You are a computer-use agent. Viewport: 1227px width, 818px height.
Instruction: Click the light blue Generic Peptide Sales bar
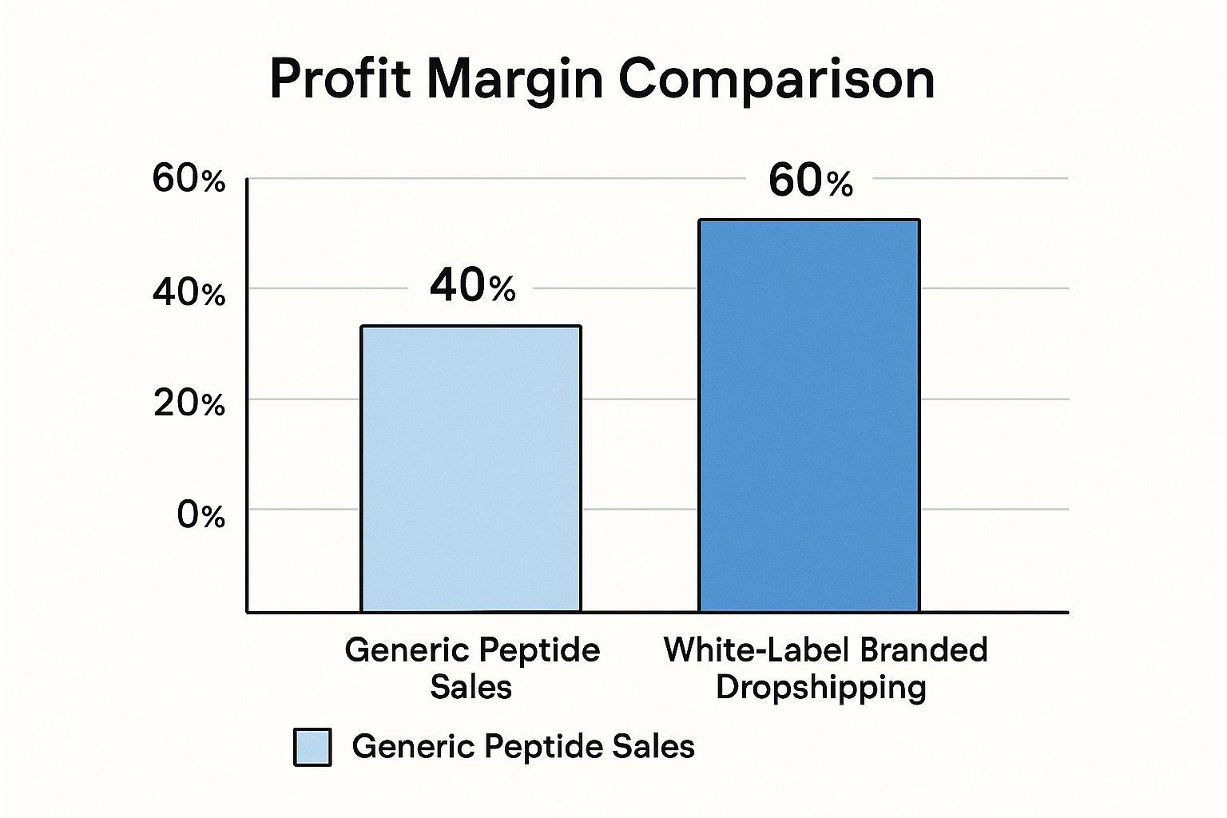tap(471, 469)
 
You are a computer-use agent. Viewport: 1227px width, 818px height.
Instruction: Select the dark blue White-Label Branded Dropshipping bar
tap(809, 415)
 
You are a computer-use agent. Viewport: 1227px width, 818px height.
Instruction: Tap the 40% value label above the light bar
tap(472, 285)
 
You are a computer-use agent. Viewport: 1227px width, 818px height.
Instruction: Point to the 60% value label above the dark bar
tap(810, 181)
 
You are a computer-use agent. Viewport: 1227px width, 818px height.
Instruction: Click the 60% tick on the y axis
tap(189, 179)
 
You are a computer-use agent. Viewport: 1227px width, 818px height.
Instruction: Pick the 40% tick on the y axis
tap(189, 293)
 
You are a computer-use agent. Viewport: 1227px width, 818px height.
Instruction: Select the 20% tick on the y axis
tap(189, 403)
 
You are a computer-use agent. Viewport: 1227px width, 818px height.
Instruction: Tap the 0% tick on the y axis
tap(201, 514)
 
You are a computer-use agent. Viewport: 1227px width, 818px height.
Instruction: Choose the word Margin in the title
tap(515, 80)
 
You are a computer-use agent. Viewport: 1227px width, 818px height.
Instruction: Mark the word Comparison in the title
tap(776, 80)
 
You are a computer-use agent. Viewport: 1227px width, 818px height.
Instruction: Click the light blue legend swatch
tap(312, 747)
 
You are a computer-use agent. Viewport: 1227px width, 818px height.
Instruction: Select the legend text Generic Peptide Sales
tap(523, 747)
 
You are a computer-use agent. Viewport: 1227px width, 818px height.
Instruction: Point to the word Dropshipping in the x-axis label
tap(820, 688)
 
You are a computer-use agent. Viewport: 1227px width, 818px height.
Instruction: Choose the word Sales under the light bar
tap(471, 687)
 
